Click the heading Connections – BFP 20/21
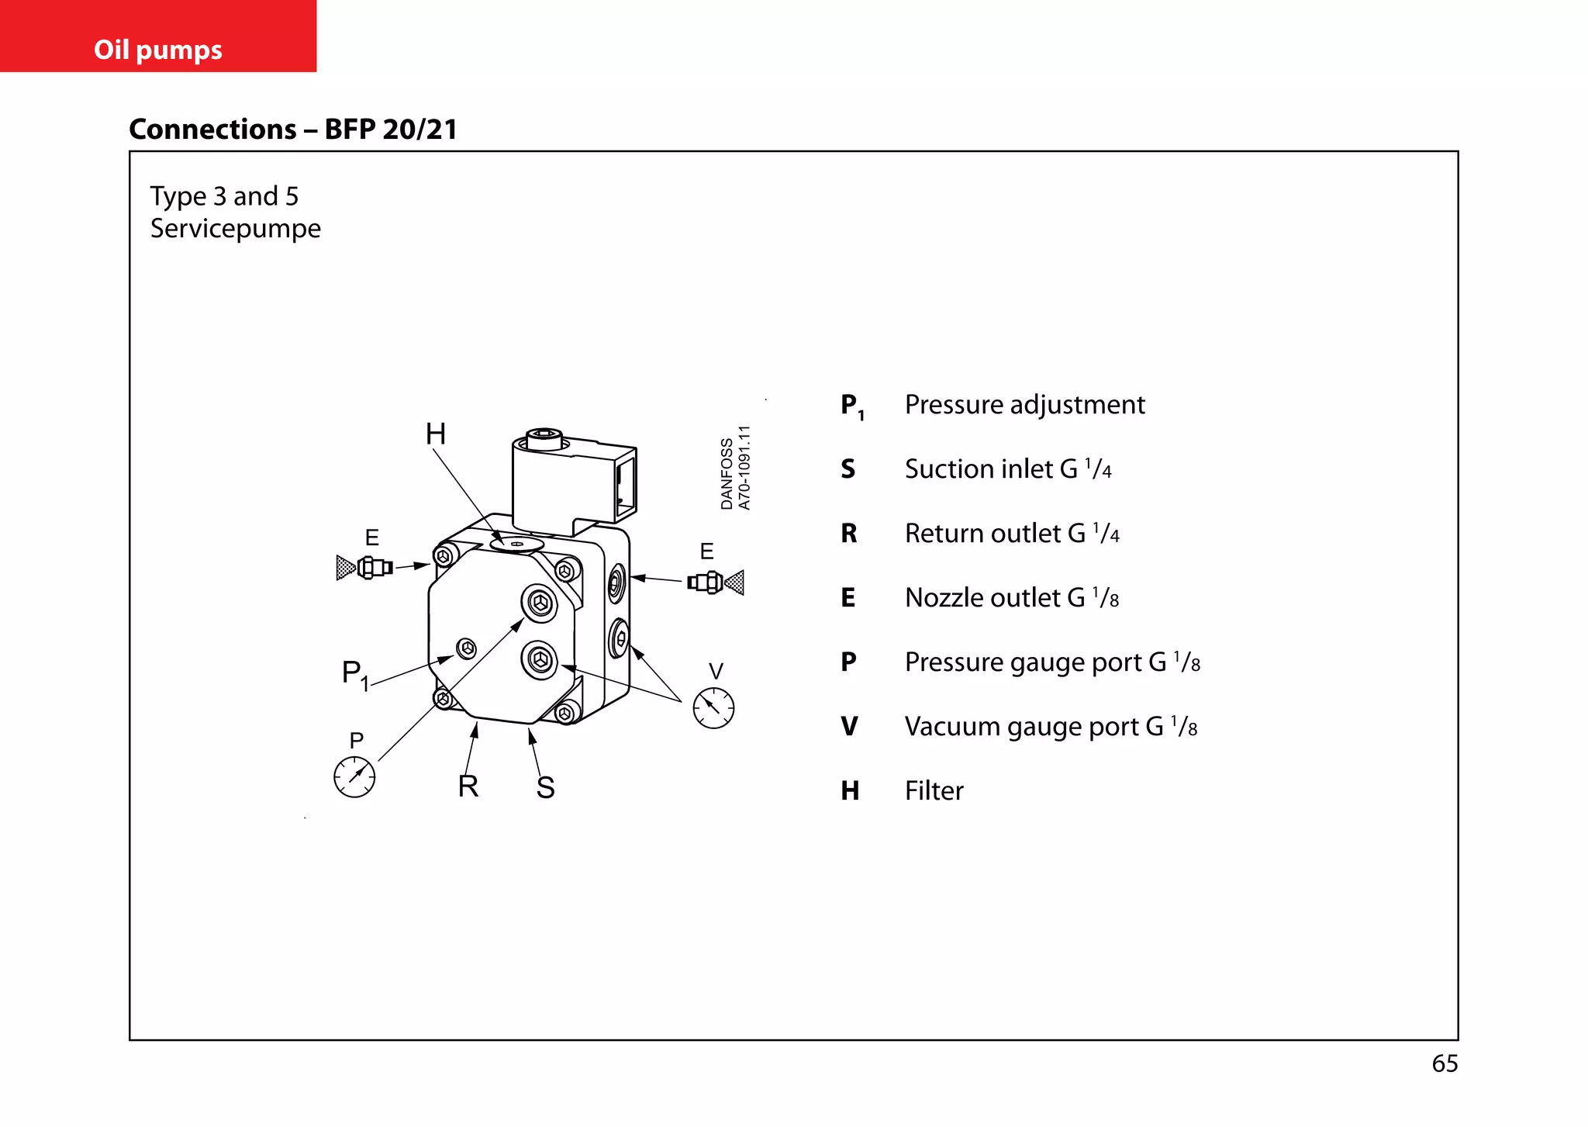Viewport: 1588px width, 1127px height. (x=293, y=129)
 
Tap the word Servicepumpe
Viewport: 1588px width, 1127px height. (x=235, y=229)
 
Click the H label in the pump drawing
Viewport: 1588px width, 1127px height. (x=436, y=434)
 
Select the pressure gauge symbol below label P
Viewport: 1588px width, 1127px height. (x=354, y=776)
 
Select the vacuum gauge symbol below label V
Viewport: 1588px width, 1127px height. (x=713, y=707)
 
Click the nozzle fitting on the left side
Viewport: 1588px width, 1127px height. (x=366, y=568)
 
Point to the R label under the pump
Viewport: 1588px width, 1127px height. (x=468, y=786)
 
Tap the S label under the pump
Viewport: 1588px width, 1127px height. (x=546, y=788)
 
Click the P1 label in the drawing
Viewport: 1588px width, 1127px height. (x=354, y=674)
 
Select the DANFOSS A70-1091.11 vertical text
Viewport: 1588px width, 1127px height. (x=735, y=468)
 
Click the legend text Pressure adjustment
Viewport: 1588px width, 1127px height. (x=1024, y=405)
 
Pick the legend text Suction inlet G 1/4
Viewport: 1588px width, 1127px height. (x=1008, y=469)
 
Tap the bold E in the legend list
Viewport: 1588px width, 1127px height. (x=848, y=598)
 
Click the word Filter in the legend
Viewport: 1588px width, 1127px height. (x=934, y=791)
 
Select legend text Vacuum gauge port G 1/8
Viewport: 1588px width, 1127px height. (x=1051, y=727)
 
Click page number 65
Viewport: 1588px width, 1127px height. (x=1445, y=1063)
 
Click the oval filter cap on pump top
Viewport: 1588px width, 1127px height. (x=516, y=544)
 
